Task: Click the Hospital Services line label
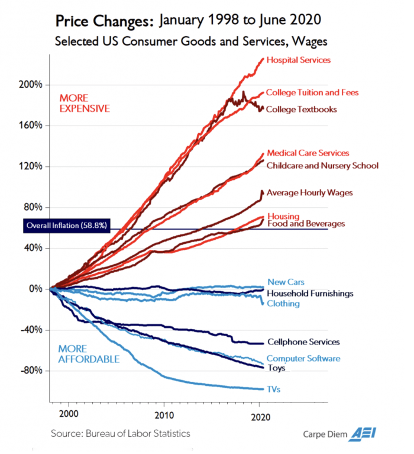tap(298, 60)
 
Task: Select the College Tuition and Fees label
tap(312, 92)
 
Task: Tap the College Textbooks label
tap(301, 109)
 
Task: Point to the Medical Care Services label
tap(308, 153)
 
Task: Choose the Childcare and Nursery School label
tap(322, 165)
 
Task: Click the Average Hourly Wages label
tap(310, 192)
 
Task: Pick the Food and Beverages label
tap(306, 224)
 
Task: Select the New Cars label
tap(286, 282)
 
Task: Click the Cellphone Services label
tap(303, 342)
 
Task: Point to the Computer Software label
tap(303, 358)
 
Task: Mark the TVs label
tap(273, 389)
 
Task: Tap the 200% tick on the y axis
tap(30, 85)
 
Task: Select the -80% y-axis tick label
tap(30, 371)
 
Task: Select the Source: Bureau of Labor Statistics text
tap(120, 434)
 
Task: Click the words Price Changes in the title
tap(103, 22)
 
